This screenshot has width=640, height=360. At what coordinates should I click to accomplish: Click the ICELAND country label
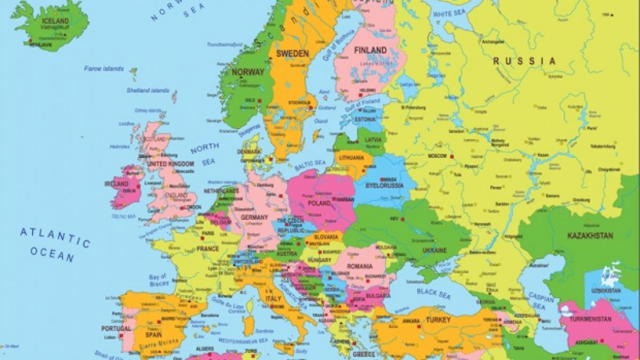[x=55, y=21]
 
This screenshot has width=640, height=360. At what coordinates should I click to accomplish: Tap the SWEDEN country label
[x=292, y=53]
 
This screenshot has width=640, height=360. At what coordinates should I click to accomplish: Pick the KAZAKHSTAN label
[x=590, y=236]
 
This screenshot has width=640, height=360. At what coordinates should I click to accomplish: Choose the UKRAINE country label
[x=435, y=250]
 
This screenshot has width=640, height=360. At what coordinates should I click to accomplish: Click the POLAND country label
[x=319, y=203]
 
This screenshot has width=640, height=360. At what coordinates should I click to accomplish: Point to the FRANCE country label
[x=207, y=249]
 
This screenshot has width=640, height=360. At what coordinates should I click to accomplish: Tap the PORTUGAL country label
[x=115, y=329]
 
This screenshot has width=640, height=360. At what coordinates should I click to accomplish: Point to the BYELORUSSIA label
[x=384, y=186]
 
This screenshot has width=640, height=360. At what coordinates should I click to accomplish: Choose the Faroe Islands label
[x=103, y=69]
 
